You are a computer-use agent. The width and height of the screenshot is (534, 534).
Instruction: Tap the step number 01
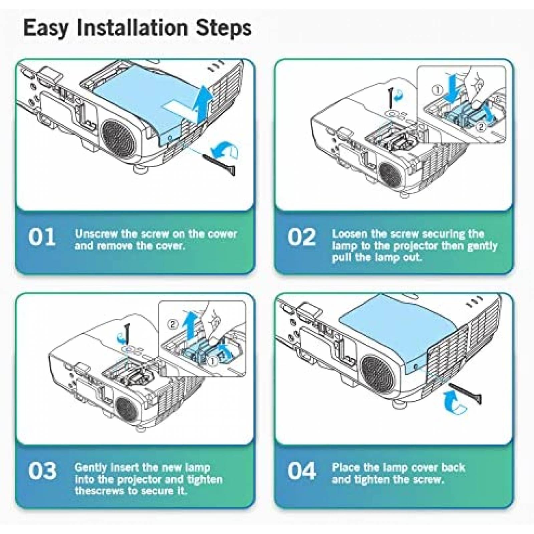click(x=42, y=237)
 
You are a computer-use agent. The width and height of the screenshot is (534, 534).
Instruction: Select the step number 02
click(x=301, y=237)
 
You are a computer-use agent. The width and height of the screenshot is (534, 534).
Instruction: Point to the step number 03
click(x=42, y=471)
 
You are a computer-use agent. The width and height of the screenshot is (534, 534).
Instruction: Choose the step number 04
click(x=302, y=471)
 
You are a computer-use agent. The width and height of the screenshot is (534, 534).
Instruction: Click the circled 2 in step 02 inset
click(x=481, y=126)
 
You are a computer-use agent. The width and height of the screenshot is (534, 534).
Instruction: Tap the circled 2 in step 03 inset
click(x=173, y=324)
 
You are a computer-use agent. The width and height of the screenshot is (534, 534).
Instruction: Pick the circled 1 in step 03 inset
click(x=213, y=361)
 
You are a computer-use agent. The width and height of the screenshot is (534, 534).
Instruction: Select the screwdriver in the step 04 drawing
click(x=465, y=393)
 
